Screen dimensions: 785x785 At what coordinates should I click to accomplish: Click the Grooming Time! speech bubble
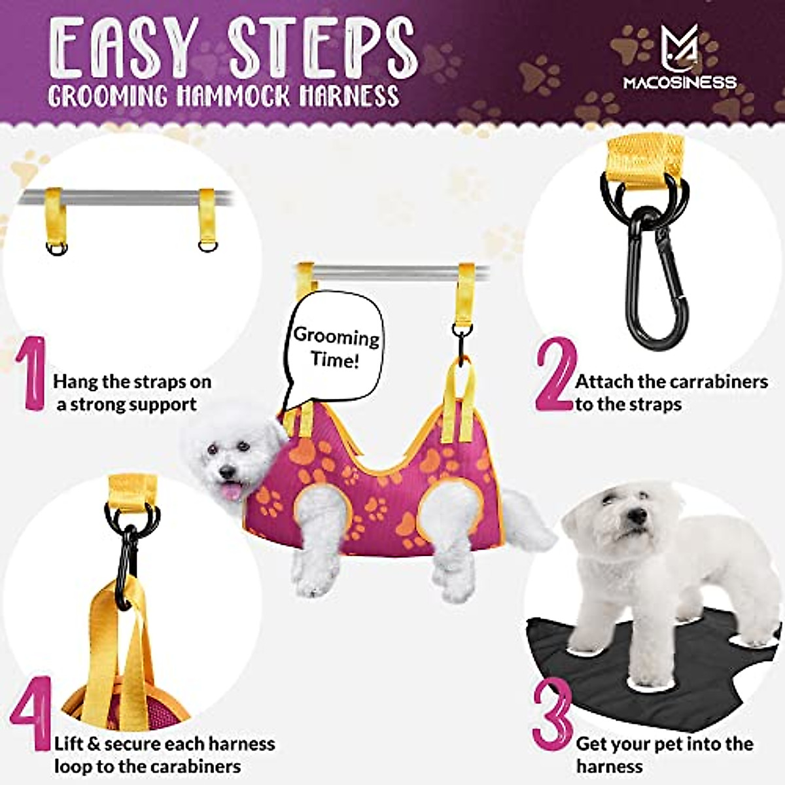click(335, 348)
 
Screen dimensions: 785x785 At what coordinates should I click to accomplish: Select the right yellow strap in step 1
click(207, 216)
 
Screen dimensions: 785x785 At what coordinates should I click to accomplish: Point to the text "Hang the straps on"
click(132, 381)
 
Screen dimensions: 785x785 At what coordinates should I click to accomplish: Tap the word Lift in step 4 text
click(69, 744)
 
